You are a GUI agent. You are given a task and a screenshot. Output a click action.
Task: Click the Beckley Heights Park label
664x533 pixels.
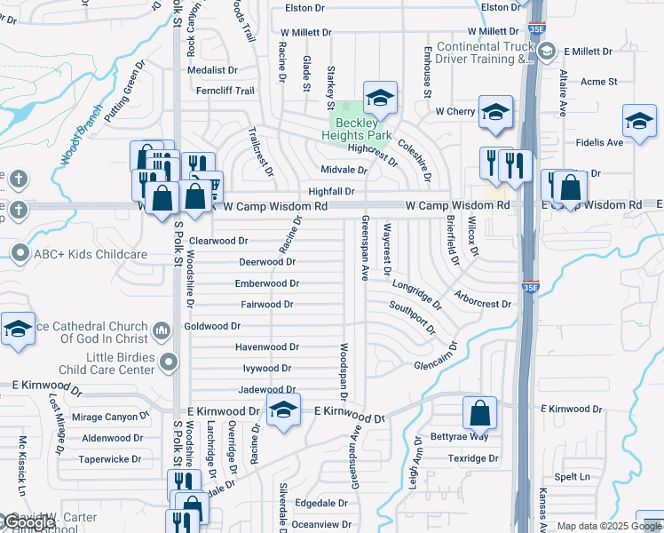click(360, 130)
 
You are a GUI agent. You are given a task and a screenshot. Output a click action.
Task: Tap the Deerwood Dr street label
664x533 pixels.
click(267, 262)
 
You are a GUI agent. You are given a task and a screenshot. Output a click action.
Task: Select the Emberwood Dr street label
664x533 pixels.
click(266, 283)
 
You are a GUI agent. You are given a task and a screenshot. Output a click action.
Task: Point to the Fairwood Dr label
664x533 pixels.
click(266, 305)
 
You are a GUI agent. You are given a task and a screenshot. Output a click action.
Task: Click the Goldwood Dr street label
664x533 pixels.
click(212, 326)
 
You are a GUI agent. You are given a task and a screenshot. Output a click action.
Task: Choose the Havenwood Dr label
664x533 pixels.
click(266, 347)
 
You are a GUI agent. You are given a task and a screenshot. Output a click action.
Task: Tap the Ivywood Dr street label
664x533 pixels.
click(266, 368)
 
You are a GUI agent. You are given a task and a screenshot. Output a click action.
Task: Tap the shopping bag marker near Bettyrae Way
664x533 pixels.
click(479, 413)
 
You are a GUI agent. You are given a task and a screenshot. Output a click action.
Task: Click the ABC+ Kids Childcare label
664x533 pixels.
click(91, 254)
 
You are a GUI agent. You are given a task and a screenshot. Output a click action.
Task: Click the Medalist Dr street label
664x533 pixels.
click(212, 69)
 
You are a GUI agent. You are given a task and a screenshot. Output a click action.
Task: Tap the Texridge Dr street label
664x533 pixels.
click(473, 458)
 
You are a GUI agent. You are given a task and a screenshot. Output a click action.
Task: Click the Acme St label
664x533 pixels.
click(598, 82)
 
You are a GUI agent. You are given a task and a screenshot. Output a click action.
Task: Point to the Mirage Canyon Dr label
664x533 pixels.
click(111, 417)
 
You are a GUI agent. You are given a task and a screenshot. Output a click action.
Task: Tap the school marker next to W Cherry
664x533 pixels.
click(495, 112)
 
